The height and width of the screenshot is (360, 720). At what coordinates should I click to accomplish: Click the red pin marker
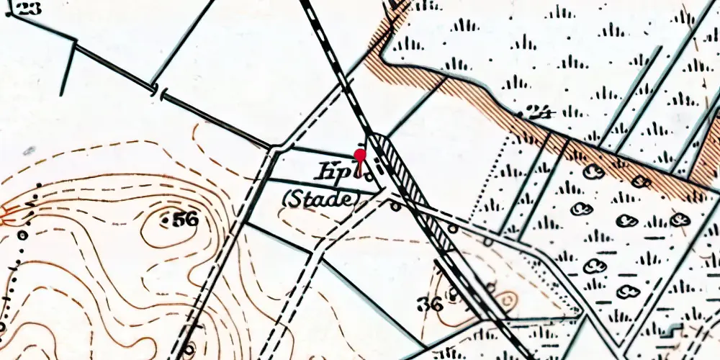point(360,156)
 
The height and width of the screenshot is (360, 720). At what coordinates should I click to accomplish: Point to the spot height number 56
point(185,220)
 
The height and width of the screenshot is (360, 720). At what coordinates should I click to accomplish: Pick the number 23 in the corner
point(28,9)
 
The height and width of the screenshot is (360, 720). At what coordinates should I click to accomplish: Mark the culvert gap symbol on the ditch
point(158,91)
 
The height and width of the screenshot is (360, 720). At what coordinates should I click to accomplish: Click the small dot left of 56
point(166,218)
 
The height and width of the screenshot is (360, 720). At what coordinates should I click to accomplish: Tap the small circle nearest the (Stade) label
point(395,207)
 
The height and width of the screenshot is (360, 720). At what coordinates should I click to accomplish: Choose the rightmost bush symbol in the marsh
point(679,219)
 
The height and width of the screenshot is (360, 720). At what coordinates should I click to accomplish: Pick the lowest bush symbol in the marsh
point(628,292)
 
